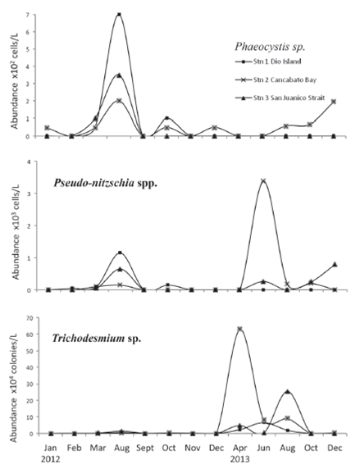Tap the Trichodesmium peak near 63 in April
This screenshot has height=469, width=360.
(x=239, y=329)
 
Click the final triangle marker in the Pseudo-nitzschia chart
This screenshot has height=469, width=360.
(x=334, y=264)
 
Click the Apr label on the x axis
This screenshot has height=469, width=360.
(x=239, y=447)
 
